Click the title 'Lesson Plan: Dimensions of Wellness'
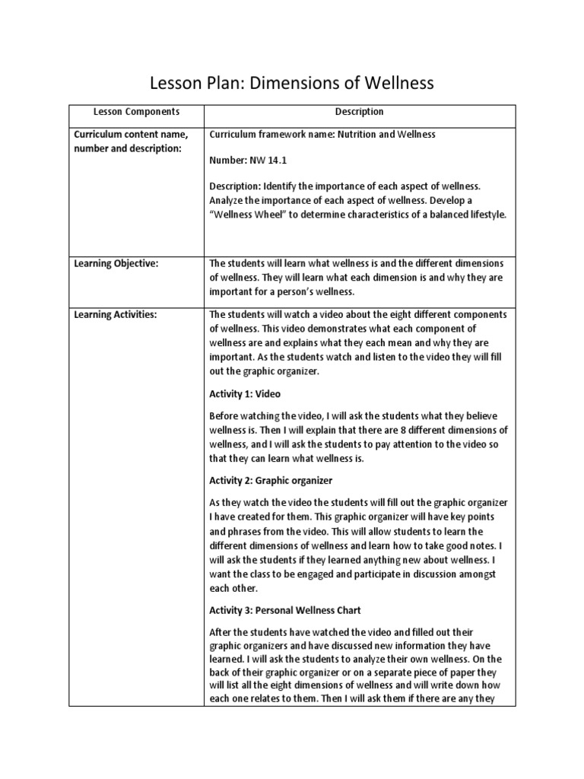tap(292, 81)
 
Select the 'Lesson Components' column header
tap(136, 112)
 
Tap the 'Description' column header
tap(359, 112)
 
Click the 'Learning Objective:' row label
tap(116, 263)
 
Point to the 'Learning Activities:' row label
tap(115, 314)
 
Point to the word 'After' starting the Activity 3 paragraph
tap(221, 632)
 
